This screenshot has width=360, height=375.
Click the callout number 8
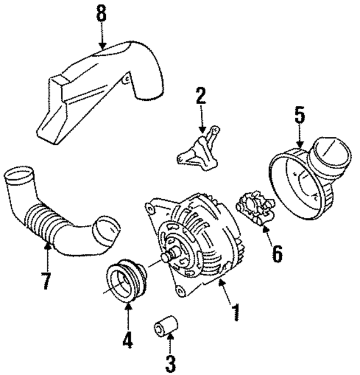[101, 15]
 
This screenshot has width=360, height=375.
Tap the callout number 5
[299, 115]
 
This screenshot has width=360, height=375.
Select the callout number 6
[276, 253]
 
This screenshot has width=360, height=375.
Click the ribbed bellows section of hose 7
[46, 222]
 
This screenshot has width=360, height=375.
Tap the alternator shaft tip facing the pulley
[166, 258]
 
